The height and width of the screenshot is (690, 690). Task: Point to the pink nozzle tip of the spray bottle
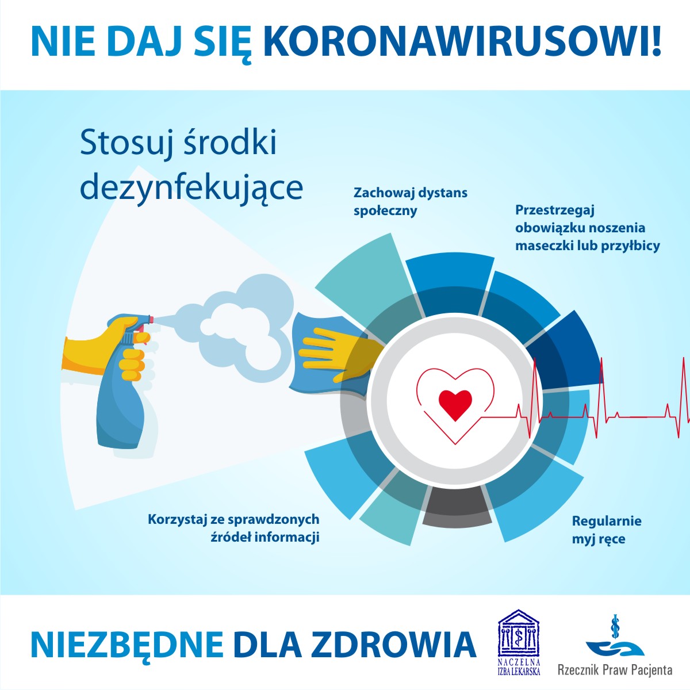[x=151, y=317]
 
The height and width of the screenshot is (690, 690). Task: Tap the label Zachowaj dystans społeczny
[x=410, y=201]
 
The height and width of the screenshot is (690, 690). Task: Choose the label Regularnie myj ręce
[x=606, y=530]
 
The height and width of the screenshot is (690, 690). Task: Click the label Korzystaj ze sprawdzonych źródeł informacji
[x=233, y=528]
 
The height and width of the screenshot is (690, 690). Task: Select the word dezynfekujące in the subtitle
[x=191, y=187]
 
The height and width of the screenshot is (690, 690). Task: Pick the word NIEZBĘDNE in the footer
[x=126, y=645]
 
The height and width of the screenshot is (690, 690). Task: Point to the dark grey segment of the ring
[x=457, y=509]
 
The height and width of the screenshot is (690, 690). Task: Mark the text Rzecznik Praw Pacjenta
[x=614, y=670]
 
